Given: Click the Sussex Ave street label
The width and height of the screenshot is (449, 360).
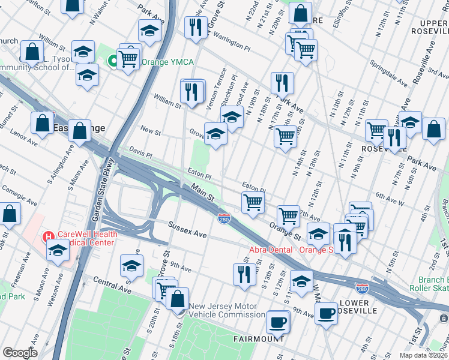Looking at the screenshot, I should [x=187, y=232].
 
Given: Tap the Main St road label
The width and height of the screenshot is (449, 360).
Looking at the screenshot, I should [x=203, y=192].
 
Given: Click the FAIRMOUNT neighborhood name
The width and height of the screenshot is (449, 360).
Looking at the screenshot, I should [x=259, y=339].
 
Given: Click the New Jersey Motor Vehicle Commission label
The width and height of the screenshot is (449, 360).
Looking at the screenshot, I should [x=227, y=310].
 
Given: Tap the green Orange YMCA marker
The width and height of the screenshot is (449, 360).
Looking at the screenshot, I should [x=112, y=61].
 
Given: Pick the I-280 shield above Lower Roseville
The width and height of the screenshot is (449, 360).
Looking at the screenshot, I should [x=361, y=289].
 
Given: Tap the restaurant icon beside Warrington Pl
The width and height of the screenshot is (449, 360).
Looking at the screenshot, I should [x=196, y=26].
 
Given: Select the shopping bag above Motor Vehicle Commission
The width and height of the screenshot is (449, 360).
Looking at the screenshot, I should [x=178, y=298].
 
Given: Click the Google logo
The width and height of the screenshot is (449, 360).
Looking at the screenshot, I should [x=19, y=353].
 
